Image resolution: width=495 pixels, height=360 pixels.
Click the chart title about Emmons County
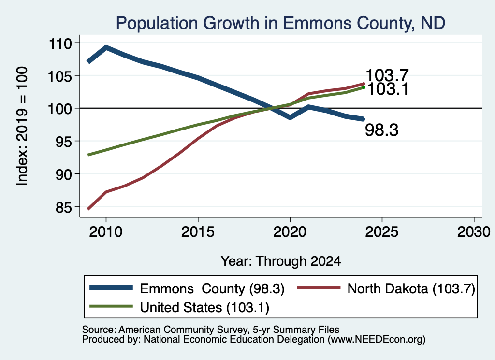[x=281, y=23]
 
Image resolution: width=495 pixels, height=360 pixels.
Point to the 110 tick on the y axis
[x=60, y=43]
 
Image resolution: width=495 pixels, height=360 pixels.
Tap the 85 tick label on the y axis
[x=64, y=207]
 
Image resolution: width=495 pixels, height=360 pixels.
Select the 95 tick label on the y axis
[x=64, y=142]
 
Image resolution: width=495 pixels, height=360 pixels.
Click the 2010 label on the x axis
[x=106, y=232]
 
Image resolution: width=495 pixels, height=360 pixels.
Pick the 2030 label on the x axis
[x=474, y=232]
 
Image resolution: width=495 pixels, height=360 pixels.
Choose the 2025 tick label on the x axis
[x=382, y=232]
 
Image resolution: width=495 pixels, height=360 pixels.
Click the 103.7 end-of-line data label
[x=387, y=75]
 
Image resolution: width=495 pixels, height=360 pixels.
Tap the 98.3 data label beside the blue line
[x=382, y=130]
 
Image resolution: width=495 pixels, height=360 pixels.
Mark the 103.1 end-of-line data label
[x=388, y=89]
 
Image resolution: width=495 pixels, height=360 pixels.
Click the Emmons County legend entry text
[x=212, y=288]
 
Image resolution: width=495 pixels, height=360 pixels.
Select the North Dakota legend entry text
[x=411, y=288]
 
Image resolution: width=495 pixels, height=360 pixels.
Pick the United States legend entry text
[x=204, y=307]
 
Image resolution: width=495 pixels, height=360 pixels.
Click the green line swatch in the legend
[x=111, y=306]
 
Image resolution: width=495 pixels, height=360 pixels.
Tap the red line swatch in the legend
[x=319, y=288]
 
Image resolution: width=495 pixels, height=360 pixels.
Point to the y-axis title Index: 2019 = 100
[x=22, y=126]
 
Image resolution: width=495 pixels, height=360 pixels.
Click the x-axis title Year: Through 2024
[x=281, y=261]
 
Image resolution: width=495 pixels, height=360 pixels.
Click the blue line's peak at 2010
[x=106, y=48]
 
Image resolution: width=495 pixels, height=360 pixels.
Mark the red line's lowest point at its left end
[x=89, y=209]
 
